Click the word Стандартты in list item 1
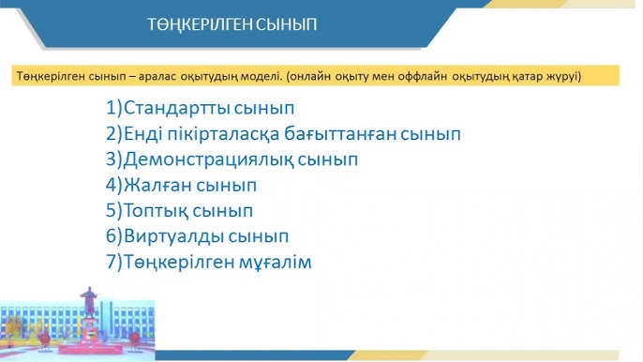coord(176,107)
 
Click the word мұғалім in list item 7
coord(275,263)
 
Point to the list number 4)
coord(114,185)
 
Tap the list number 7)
coord(114,263)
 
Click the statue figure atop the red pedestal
coord(90,301)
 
